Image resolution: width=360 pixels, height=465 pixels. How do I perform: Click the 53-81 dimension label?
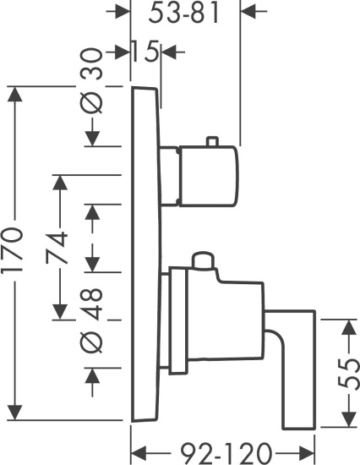click(x=184, y=14)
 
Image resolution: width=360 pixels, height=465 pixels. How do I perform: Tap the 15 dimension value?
click(x=144, y=52)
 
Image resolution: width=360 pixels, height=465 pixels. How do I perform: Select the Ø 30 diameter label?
click(x=92, y=80)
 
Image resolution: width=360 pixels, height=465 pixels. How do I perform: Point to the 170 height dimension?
click(x=13, y=249)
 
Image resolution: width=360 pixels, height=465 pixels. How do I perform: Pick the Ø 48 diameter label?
click(x=92, y=320)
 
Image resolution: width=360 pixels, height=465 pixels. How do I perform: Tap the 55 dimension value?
click(x=348, y=374)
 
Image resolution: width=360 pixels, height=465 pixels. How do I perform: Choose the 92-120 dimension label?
click(x=226, y=453)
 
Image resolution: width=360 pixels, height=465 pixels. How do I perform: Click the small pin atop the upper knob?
click(x=213, y=141)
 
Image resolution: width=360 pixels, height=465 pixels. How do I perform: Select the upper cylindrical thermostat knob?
click(x=208, y=176)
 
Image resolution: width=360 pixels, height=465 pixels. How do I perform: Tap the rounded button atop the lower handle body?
click(x=203, y=260)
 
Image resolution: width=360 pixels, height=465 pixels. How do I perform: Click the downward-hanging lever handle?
click(x=292, y=369)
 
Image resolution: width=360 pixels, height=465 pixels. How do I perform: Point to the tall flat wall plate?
click(x=146, y=254)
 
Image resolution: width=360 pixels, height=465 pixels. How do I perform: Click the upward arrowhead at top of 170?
click(x=14, y=94)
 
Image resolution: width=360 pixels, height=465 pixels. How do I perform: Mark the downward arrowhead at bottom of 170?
click(x=14, y=413)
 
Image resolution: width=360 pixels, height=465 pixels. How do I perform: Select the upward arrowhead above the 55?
click(x=349, y=327)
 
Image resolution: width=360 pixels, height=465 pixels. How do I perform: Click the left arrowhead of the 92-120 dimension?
click(x=139, y=453)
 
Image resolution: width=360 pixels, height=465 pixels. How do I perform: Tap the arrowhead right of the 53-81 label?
click(x=248, y=11)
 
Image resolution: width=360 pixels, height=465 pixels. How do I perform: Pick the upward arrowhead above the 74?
click(x=60, y=183)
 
